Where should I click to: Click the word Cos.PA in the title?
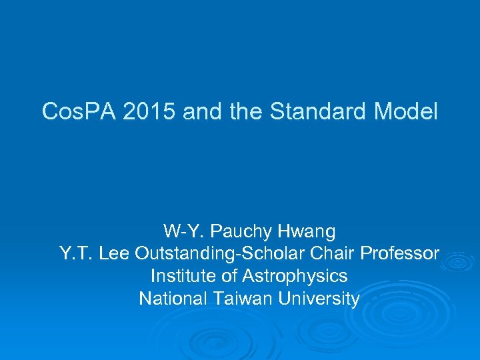click(77, 112)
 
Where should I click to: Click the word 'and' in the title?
click(201, 112)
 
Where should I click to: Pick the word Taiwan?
click(239, 299)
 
